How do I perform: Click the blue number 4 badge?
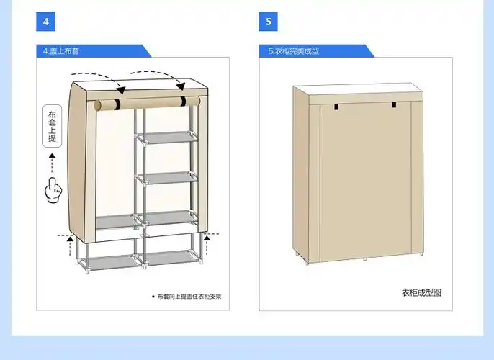45,22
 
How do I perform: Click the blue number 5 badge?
268,22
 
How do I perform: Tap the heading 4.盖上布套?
61,51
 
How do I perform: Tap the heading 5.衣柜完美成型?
294,51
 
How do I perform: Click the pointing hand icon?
53,190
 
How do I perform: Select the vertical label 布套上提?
53,126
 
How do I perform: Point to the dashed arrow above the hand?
52,163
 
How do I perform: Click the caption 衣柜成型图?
421,292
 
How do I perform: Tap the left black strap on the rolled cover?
117,104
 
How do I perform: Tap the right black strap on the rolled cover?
183,102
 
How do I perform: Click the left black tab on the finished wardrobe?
337,107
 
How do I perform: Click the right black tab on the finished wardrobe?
394,104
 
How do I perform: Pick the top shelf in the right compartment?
167,138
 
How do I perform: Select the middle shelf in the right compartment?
167,178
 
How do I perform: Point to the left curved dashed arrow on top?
98,81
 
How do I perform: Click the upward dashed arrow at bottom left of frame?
70,246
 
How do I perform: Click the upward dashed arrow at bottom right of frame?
207,245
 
